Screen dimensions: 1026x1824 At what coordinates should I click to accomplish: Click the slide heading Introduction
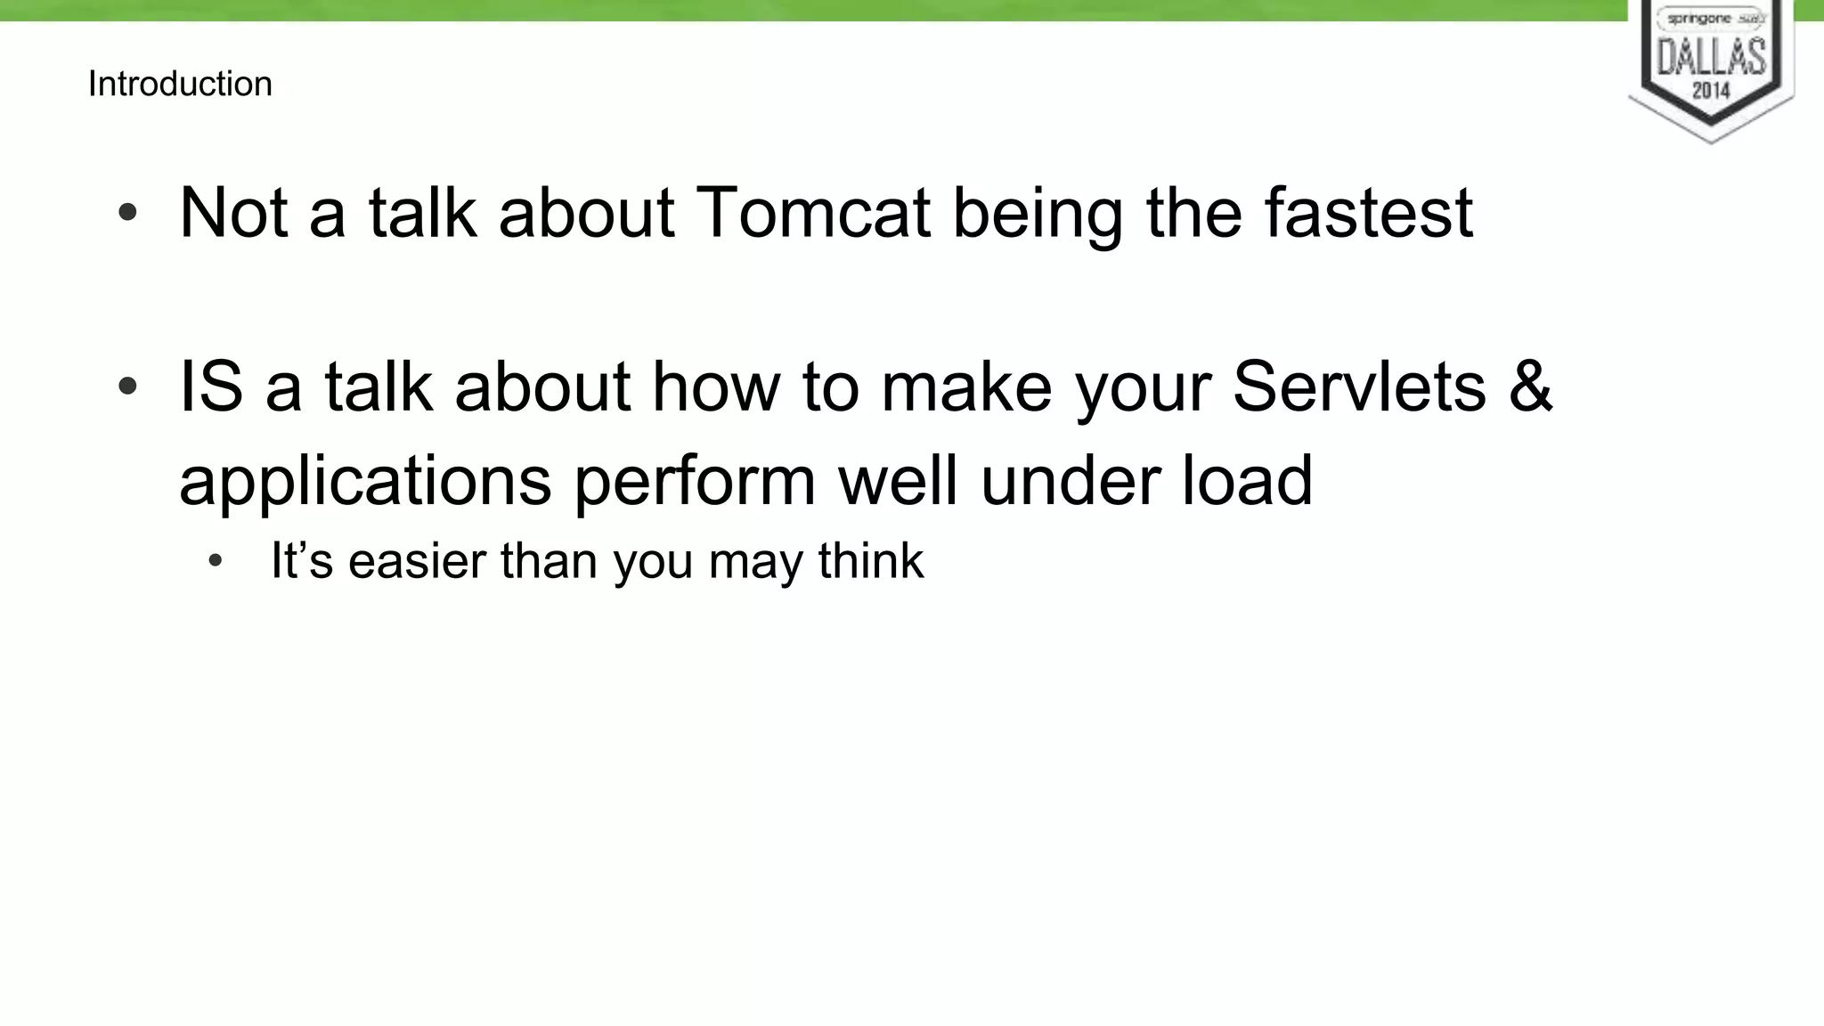pos(180,84)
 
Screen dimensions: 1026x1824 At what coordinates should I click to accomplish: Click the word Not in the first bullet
pos(233,214)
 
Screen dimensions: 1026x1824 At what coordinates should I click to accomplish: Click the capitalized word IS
pos(211,387)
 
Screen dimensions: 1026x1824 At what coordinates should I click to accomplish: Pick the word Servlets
pos(1359,387)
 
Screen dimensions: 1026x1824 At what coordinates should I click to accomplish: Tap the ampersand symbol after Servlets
pos(1531,387)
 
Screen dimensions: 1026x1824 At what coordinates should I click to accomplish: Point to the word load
pos(1247,481)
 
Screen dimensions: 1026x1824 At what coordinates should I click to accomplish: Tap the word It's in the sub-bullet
pos(302,562)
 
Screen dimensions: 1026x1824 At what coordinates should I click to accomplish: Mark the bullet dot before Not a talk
pos(128,213)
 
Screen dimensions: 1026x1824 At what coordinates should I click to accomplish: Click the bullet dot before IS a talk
pos(128,387)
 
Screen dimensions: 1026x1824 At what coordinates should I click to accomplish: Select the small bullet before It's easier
pos(215,562)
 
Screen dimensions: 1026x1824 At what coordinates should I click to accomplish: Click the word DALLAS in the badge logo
pos(1711,57)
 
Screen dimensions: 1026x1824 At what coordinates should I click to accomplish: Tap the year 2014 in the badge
pos(1711,90)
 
